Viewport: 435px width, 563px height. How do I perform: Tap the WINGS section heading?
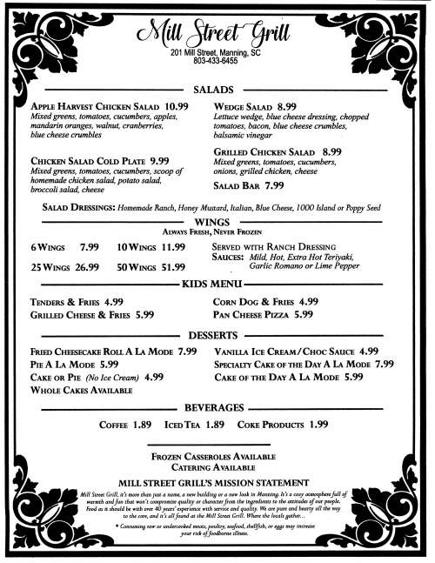click(x=217, y=223)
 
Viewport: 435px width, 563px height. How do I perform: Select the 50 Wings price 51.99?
click(x=169, y=266)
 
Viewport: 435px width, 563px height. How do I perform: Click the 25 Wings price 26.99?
click(x=81, y=266)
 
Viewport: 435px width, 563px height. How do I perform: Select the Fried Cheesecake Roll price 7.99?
click(x=187, y=352)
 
